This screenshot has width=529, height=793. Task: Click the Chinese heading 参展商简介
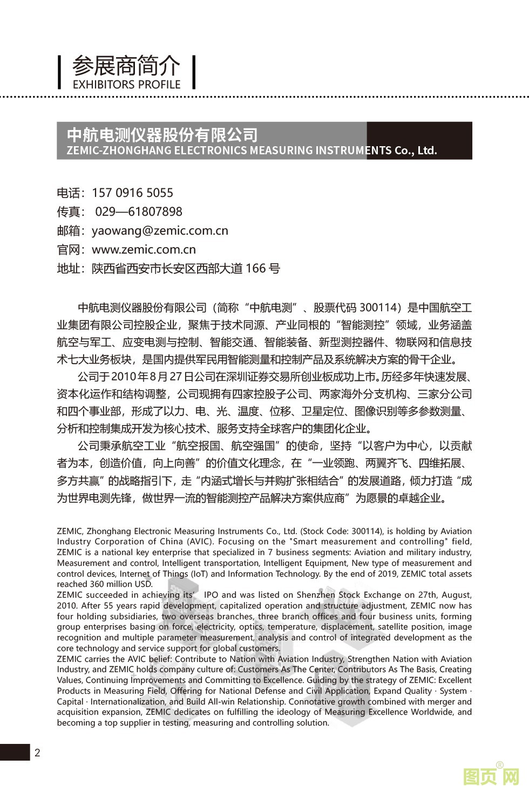[126, 66]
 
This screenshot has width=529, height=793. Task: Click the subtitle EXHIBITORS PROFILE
[126, 85]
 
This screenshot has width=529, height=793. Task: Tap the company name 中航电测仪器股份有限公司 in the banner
[162, 134]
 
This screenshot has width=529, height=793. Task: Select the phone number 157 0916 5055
[133, 193]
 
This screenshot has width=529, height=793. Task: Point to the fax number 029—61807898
[139, 212]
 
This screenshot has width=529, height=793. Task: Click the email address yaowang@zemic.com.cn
[160, 231]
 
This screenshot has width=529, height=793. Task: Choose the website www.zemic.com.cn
[144, 250]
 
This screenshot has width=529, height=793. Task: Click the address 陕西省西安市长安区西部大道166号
[186, 269]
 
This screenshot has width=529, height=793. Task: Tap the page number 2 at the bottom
[37, 753]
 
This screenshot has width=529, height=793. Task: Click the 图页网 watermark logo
[491, 777]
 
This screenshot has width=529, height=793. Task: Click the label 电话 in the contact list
[70, 193]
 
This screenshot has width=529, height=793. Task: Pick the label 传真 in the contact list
[70, 212]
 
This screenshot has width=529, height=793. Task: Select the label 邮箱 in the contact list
[70, 231]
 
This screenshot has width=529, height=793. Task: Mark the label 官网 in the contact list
[70, 250]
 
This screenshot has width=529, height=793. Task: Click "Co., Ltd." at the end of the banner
[416, 151]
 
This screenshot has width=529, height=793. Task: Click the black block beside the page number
[15, 752]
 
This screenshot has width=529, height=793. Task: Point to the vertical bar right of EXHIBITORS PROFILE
[194, 72]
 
